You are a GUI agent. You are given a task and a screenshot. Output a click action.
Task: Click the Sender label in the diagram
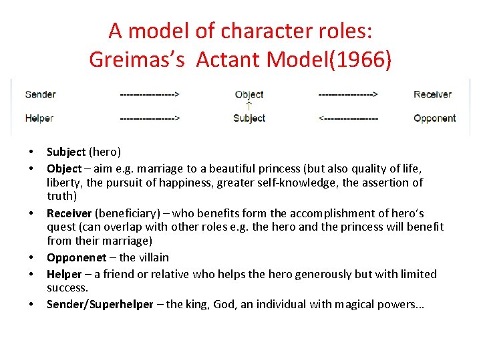(x=40, y=94)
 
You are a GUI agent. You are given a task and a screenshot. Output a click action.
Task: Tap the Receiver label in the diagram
(x=432, y=94)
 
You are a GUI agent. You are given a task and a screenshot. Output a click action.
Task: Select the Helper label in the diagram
(x=39, y=118)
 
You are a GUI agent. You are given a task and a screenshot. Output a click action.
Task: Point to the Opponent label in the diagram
(x=434, y=118)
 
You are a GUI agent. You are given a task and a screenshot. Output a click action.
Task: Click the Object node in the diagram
(x=249, y=94)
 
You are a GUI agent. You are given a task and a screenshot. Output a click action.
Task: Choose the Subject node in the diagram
(x=249, y=118)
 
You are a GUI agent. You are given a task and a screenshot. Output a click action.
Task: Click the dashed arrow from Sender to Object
(x=150, y=94)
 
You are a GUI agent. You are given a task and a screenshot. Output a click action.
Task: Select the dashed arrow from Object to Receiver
(x=348, y=94)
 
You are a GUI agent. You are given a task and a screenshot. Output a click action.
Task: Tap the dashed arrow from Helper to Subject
(x=150, y=118)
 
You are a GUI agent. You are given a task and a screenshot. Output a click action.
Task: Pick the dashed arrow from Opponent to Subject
(x=348, y=118)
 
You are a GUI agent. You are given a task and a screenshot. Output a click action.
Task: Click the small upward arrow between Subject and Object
(x=249, y=106)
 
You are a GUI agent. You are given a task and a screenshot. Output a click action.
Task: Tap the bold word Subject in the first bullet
(x=66, y=152)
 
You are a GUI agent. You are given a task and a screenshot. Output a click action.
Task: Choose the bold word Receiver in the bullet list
(x=69, y=213)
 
